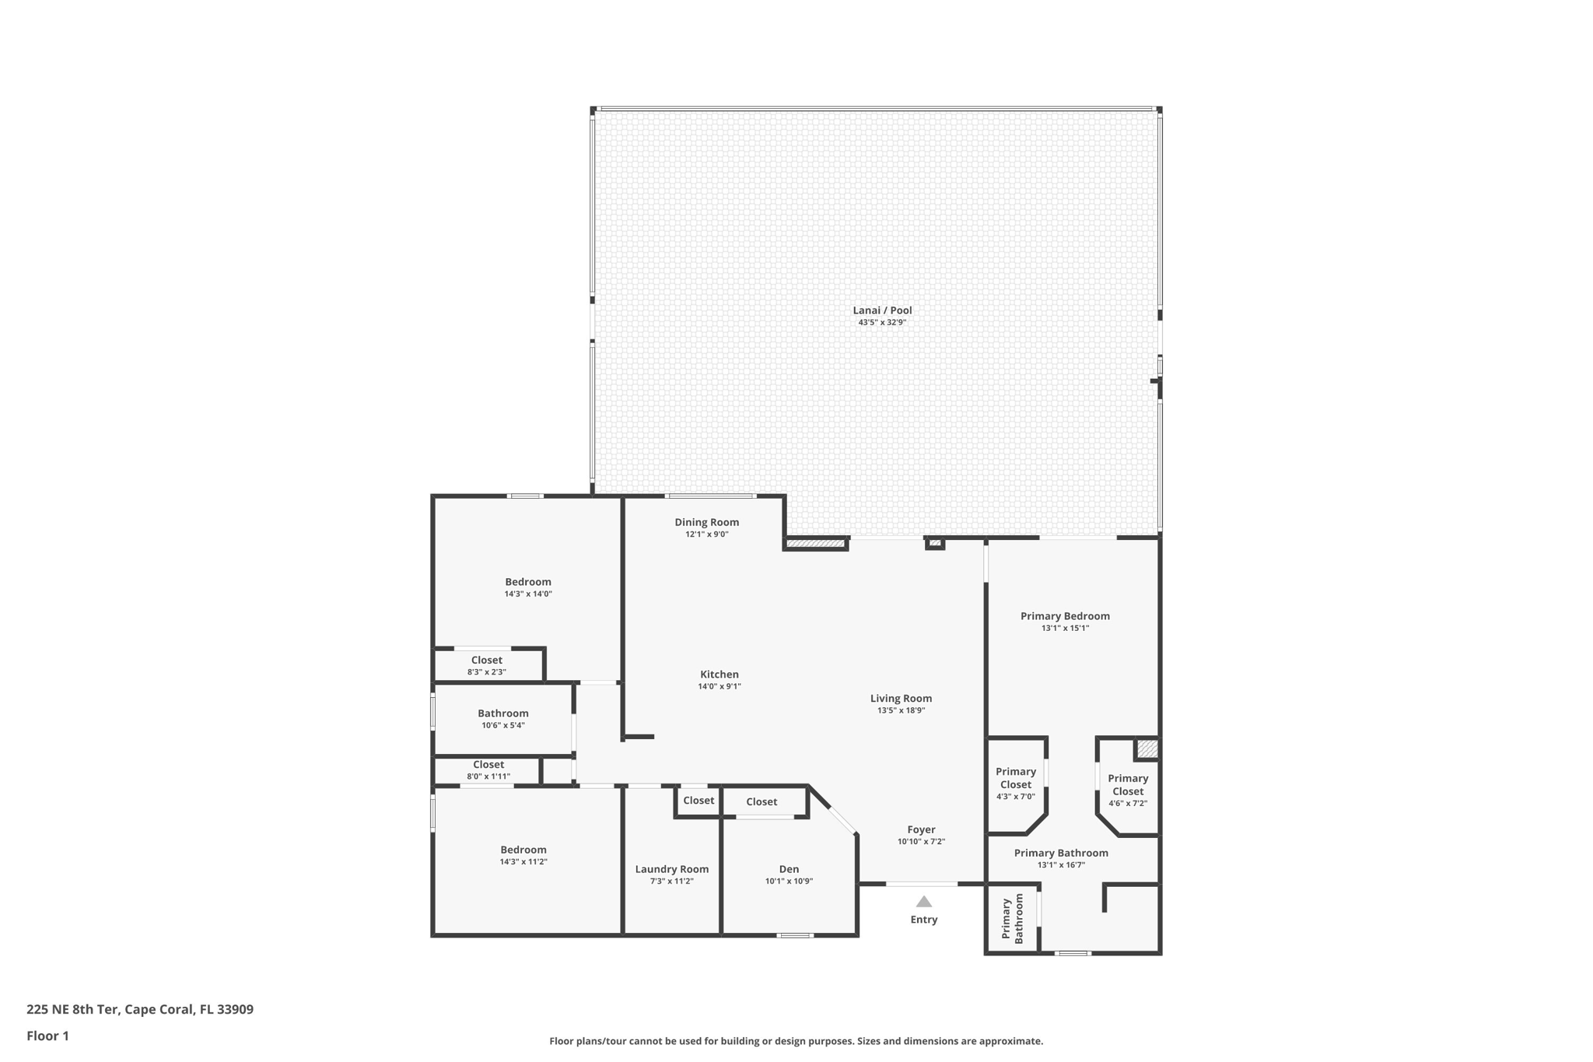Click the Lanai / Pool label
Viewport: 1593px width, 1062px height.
click(x=882, y=310)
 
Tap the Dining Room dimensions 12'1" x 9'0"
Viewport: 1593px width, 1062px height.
click(x=706, y=535)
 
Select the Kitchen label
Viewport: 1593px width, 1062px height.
click(x=719, y=675)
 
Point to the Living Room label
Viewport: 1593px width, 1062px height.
click(x=901, y=699)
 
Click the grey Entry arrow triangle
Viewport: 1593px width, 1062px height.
click(x=923, y=902)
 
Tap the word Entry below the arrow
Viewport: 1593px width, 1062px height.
click(x=923, y=920)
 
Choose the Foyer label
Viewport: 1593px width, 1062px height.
click(x=921, y=830)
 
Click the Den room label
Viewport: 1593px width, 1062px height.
click(x=789, y=869)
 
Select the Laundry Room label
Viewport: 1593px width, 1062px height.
click(x=671, y=869)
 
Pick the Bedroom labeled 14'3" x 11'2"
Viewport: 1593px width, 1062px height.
click(x=523, y=850)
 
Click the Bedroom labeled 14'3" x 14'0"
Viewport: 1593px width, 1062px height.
click(x=528, y=582)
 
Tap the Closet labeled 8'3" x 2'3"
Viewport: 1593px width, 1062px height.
click(x=487, y=661)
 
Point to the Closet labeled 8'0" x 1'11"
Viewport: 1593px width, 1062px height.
click(x=488, y=765)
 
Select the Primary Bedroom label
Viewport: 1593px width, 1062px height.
click(x=1065, y=616)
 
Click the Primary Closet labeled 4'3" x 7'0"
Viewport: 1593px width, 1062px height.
click(x=1016, y=778)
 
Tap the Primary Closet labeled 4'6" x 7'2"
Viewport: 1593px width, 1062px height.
click(x=1128, y=785)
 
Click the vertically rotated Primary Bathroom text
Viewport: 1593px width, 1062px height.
click(x=1012, y=920)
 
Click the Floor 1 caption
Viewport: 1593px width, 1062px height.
click(x=48, y=1036)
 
